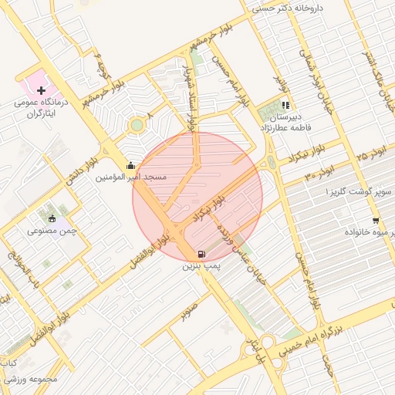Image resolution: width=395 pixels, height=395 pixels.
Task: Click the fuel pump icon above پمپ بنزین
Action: [201, 254]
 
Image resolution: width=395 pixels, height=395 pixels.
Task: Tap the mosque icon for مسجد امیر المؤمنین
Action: [130, 164]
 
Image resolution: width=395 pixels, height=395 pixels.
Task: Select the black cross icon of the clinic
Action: [41, 91]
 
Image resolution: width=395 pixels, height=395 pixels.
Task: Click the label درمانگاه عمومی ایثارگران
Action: [43, 107]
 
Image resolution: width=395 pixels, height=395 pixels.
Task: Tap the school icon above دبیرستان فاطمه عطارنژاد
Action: [285, 104]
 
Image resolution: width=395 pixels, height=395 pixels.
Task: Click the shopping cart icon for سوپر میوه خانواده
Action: [375, 220]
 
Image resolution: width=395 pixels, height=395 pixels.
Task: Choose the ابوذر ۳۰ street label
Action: [320, 172]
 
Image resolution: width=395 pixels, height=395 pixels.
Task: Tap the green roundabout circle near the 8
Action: [137, 124]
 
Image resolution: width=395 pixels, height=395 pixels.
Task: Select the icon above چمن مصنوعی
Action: [52, 218]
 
